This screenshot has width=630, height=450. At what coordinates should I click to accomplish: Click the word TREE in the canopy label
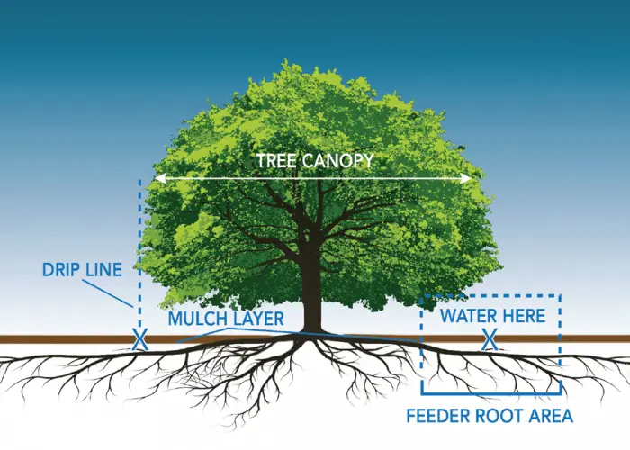pos(275,161)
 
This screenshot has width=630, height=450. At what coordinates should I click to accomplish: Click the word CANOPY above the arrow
pos(335,161)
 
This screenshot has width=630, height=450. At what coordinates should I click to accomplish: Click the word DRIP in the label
pos(60,269)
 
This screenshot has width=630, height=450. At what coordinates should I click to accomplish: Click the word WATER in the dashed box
pos(468,316)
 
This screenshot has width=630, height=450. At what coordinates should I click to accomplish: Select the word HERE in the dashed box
pos(523,316)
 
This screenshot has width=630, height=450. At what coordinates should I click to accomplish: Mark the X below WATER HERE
pos(490,339)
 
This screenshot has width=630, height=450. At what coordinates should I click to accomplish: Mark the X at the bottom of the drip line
pos(139,340)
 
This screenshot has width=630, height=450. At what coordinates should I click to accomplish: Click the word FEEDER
pos(440,417)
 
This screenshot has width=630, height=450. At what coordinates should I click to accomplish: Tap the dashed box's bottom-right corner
pos(560,393)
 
